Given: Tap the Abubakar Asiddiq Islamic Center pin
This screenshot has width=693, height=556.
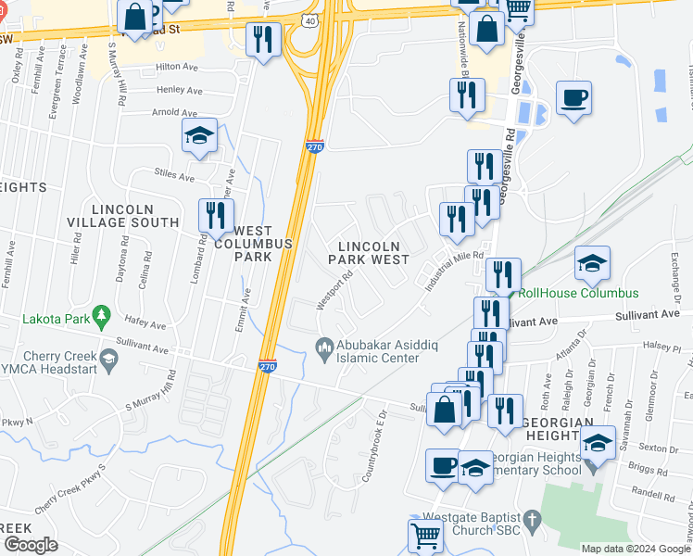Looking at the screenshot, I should pos(324,347).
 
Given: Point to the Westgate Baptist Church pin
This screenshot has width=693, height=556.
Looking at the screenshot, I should pos(531,522).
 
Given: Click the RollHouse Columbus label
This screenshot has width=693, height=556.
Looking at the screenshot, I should pos(578,293).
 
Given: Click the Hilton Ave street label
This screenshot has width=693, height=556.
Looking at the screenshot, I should pos(178,67).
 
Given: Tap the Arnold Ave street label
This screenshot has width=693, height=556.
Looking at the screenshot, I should pos(175,113).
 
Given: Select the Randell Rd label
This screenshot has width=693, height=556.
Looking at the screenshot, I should pos(655,497).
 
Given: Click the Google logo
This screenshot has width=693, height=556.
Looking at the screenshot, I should pos(31,544).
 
